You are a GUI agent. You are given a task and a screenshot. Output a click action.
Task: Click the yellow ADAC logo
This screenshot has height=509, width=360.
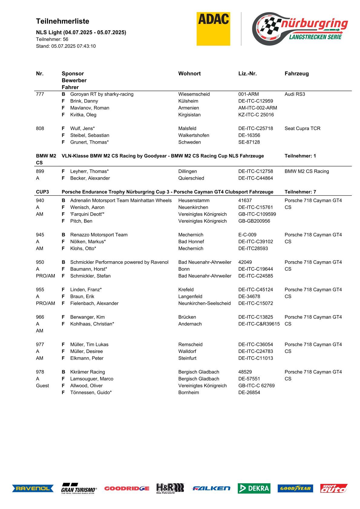[213, 29]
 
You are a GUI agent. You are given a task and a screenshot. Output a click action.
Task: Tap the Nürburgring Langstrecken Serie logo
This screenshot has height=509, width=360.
[300, 29]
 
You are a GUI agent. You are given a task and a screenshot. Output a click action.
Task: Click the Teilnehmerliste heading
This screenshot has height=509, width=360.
[63, 21]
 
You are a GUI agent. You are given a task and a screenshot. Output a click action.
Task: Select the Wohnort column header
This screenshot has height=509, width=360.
[189, 73]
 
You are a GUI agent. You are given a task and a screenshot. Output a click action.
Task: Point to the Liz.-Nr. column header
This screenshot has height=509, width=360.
[247, 73]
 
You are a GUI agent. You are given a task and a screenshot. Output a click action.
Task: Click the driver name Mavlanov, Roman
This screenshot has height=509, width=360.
[90, 108]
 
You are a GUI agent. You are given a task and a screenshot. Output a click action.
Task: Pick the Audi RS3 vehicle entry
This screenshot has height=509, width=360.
[295, 94]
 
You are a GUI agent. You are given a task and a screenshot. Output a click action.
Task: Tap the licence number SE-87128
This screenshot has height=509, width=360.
[249, 142]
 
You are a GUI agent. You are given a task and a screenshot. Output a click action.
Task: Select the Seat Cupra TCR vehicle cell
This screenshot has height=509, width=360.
[302, 129]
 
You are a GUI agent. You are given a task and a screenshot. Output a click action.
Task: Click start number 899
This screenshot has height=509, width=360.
[40, 171]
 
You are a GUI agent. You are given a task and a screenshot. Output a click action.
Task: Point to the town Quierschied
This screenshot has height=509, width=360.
[191, 178]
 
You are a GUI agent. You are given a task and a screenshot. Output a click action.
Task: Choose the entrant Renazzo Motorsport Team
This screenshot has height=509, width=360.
[99, 235]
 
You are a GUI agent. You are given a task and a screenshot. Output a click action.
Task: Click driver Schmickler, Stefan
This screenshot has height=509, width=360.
[90, 276]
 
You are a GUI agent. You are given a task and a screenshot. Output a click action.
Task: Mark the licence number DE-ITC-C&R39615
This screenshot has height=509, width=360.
[259, 324]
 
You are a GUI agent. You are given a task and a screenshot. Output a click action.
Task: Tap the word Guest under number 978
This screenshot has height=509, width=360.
[42, 386]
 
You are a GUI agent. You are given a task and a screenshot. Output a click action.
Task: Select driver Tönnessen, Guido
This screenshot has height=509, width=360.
[91, 393]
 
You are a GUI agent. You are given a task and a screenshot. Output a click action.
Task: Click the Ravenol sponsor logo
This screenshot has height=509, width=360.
[33, 488]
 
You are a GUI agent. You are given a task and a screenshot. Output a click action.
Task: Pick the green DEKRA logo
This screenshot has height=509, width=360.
[254, 488]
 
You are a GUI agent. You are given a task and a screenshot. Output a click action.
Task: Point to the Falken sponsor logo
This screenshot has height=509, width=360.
[211, 488]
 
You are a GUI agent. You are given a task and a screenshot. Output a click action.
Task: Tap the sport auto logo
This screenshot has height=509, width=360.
[334, 488]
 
